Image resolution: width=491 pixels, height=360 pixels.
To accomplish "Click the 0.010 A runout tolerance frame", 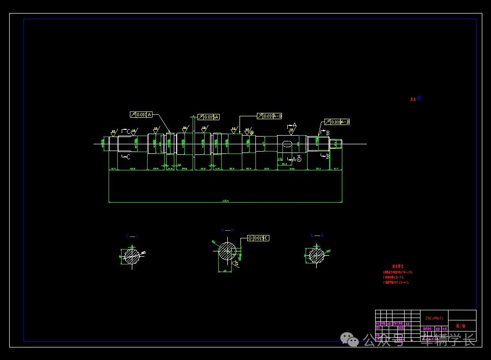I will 141,115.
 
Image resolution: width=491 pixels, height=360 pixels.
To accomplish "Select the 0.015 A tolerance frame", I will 209,117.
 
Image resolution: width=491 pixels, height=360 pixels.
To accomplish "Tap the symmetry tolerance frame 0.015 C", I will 258,238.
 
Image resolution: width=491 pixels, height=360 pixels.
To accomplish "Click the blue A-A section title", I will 227,230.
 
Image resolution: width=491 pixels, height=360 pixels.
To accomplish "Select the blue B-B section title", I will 317,235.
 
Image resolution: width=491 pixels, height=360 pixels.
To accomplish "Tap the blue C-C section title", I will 132,236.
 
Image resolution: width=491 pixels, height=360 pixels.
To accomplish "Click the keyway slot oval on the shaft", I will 287,143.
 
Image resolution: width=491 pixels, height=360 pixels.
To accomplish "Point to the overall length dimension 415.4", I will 225,200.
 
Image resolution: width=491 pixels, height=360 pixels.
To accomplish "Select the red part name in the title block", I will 461,326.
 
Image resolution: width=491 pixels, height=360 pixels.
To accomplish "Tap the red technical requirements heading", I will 398,266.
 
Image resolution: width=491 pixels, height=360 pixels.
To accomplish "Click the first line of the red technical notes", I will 398,272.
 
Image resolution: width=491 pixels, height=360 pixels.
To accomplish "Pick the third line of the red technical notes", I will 396,282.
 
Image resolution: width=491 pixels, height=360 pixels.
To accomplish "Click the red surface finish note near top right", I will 415,99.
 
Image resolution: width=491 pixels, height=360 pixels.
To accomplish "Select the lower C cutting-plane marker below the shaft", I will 126,156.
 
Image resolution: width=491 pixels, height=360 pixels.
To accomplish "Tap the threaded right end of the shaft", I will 336,143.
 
